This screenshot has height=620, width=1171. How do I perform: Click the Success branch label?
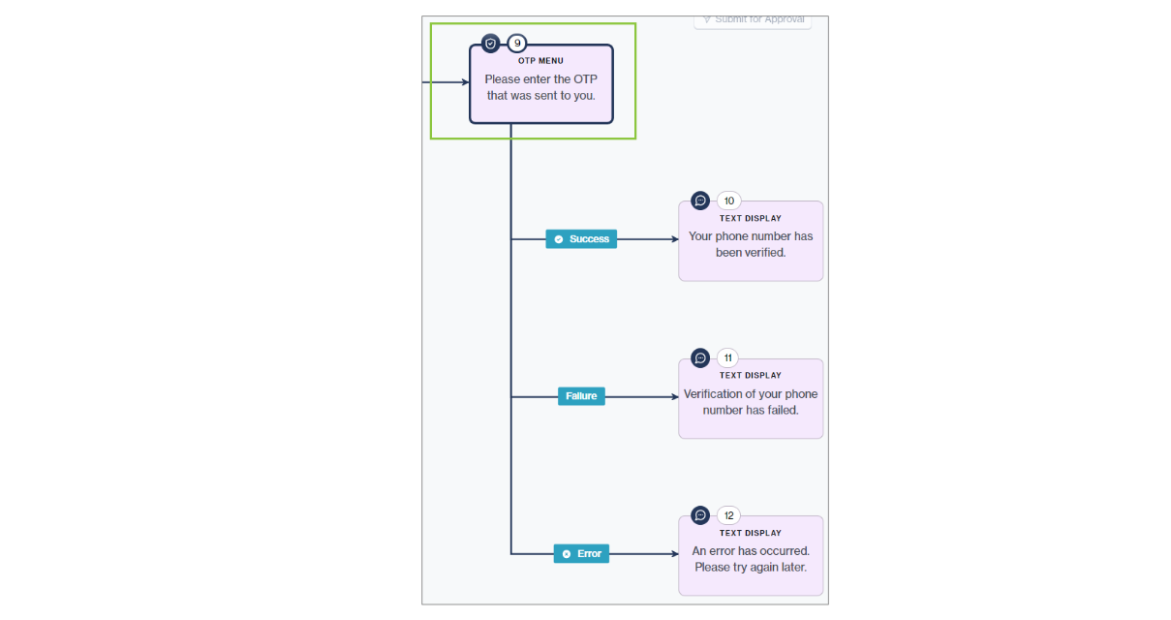581,239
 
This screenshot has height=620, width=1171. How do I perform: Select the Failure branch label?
581,396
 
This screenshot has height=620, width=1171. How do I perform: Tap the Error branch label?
581,554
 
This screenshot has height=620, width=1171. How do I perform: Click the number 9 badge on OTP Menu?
517,44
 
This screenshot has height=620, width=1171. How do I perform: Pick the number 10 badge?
728,201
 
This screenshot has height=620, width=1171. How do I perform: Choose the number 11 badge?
728,357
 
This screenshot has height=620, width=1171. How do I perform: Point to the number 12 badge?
728,515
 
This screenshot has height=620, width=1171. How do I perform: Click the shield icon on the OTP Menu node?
491,44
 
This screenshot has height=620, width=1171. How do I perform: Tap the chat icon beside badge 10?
700,201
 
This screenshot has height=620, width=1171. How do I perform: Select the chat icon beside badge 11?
700,357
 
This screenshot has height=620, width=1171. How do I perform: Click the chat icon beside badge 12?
700,515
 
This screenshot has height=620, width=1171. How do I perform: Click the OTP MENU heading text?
540,61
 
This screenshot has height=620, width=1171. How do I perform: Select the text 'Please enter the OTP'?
540,79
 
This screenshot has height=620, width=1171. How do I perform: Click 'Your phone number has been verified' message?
751,244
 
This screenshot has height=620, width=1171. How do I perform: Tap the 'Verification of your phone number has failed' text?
751,402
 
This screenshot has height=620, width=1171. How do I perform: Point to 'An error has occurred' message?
751,559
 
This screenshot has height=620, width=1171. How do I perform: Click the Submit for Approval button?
753,20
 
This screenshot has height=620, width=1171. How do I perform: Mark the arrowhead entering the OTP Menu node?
465,82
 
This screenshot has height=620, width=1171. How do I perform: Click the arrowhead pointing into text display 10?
674,239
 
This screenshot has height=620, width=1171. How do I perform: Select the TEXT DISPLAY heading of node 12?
751,533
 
